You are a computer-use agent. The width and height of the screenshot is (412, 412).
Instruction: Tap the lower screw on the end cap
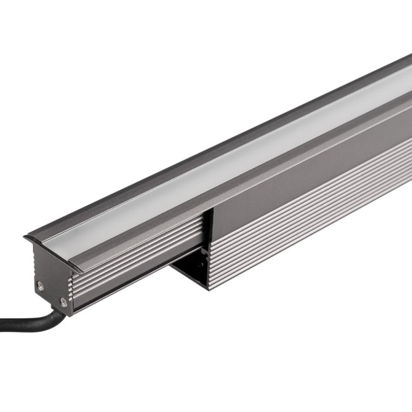[63, 302]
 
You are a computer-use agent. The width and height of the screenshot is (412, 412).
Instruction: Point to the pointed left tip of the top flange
[25, 238]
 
